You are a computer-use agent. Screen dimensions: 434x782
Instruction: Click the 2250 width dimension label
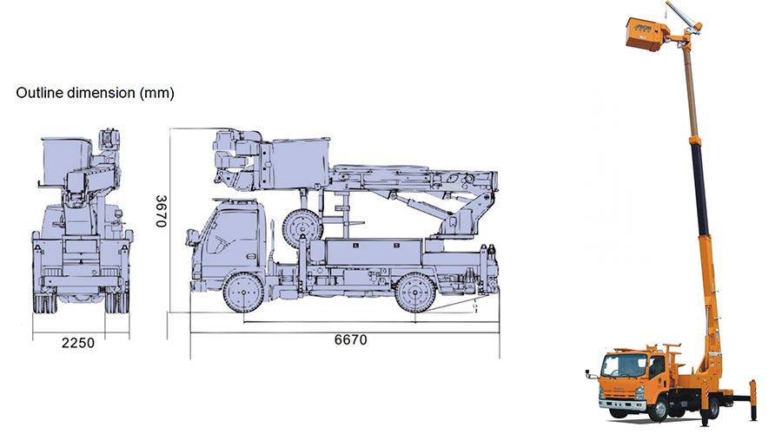(x=77, y=343)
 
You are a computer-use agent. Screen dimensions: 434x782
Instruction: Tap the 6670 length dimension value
(x=350, y=339)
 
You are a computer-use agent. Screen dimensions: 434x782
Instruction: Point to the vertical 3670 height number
(x=161, y=210)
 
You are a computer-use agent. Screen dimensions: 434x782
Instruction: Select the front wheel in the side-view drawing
(x=242, y=293)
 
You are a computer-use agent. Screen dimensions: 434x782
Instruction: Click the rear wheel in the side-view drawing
(x=415, y=293)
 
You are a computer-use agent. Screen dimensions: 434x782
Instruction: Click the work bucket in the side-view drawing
(x=299, y=161)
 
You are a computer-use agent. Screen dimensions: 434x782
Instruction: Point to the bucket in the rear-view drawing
(x=66, y=160)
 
